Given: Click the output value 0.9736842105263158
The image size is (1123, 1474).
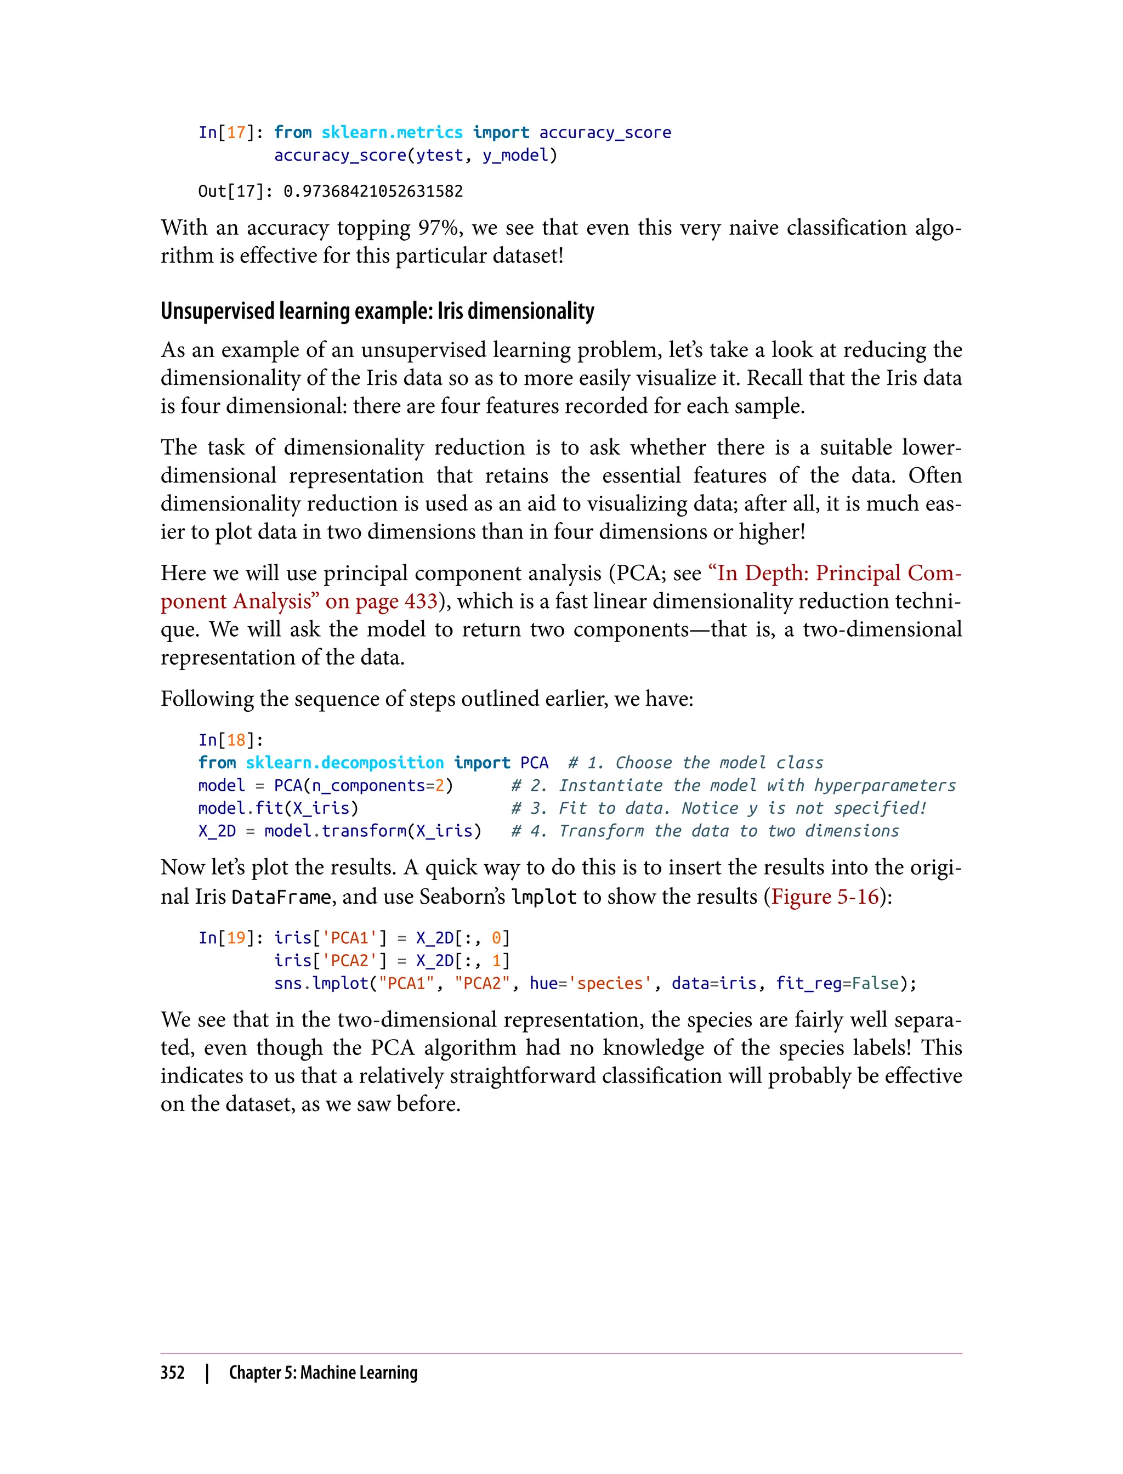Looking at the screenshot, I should coord(373,192).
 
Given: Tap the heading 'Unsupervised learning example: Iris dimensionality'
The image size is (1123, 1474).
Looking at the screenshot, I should coord(377,311).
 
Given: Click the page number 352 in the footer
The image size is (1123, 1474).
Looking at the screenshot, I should coord(173,1373).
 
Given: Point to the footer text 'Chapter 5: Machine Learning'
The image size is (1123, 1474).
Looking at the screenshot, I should coord(323,1373).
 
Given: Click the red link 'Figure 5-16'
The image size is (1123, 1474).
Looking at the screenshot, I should coord(825,897).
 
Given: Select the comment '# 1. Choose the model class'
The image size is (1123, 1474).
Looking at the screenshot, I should coord(695,763).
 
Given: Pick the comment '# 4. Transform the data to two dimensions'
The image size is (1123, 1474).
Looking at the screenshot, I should coord(705,831).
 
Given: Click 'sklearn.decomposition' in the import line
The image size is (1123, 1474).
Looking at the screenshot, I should coord(344,763).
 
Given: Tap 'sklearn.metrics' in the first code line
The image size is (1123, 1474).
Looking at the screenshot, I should coord(392,132).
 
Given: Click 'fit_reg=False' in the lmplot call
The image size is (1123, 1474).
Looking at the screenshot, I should coord(837,983).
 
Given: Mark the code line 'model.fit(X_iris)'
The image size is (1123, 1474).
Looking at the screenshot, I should coord(278,808).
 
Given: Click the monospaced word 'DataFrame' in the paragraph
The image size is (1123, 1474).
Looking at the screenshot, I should coord(281,897).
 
